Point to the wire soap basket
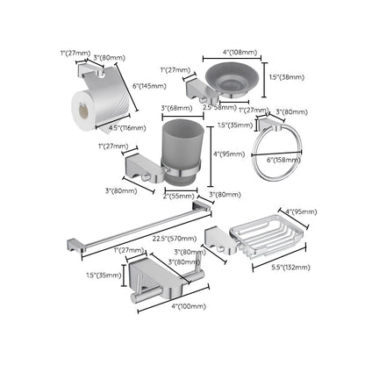coord(262,236)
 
